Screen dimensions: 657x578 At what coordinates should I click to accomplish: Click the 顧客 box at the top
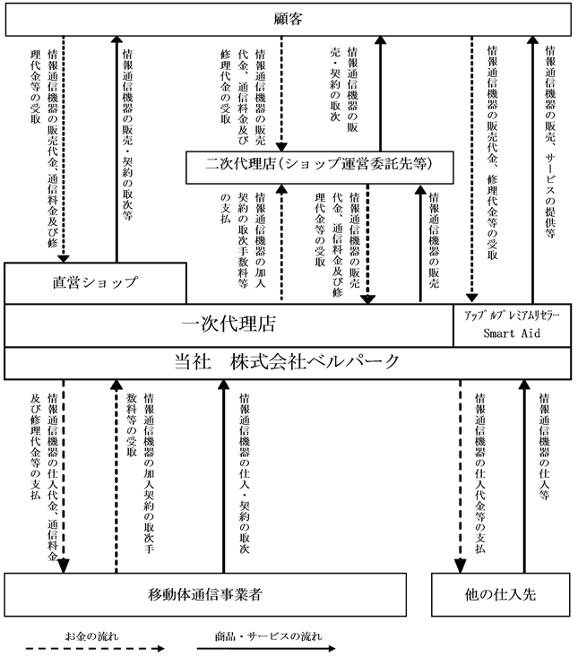click(x=288, y=17)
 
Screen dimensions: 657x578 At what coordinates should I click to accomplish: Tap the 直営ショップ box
click(x=94, y=282)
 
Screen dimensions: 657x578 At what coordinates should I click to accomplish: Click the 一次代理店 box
click(x=228, y=325)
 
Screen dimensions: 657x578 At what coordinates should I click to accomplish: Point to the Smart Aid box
click(x=512, y=325)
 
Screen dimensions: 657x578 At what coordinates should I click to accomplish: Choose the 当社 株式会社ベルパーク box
click(x=288, y=362)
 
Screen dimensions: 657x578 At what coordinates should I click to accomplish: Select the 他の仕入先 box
click(x=501, y=593)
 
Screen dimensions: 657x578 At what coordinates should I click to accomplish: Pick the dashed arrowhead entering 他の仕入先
click(x=461, y=566)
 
